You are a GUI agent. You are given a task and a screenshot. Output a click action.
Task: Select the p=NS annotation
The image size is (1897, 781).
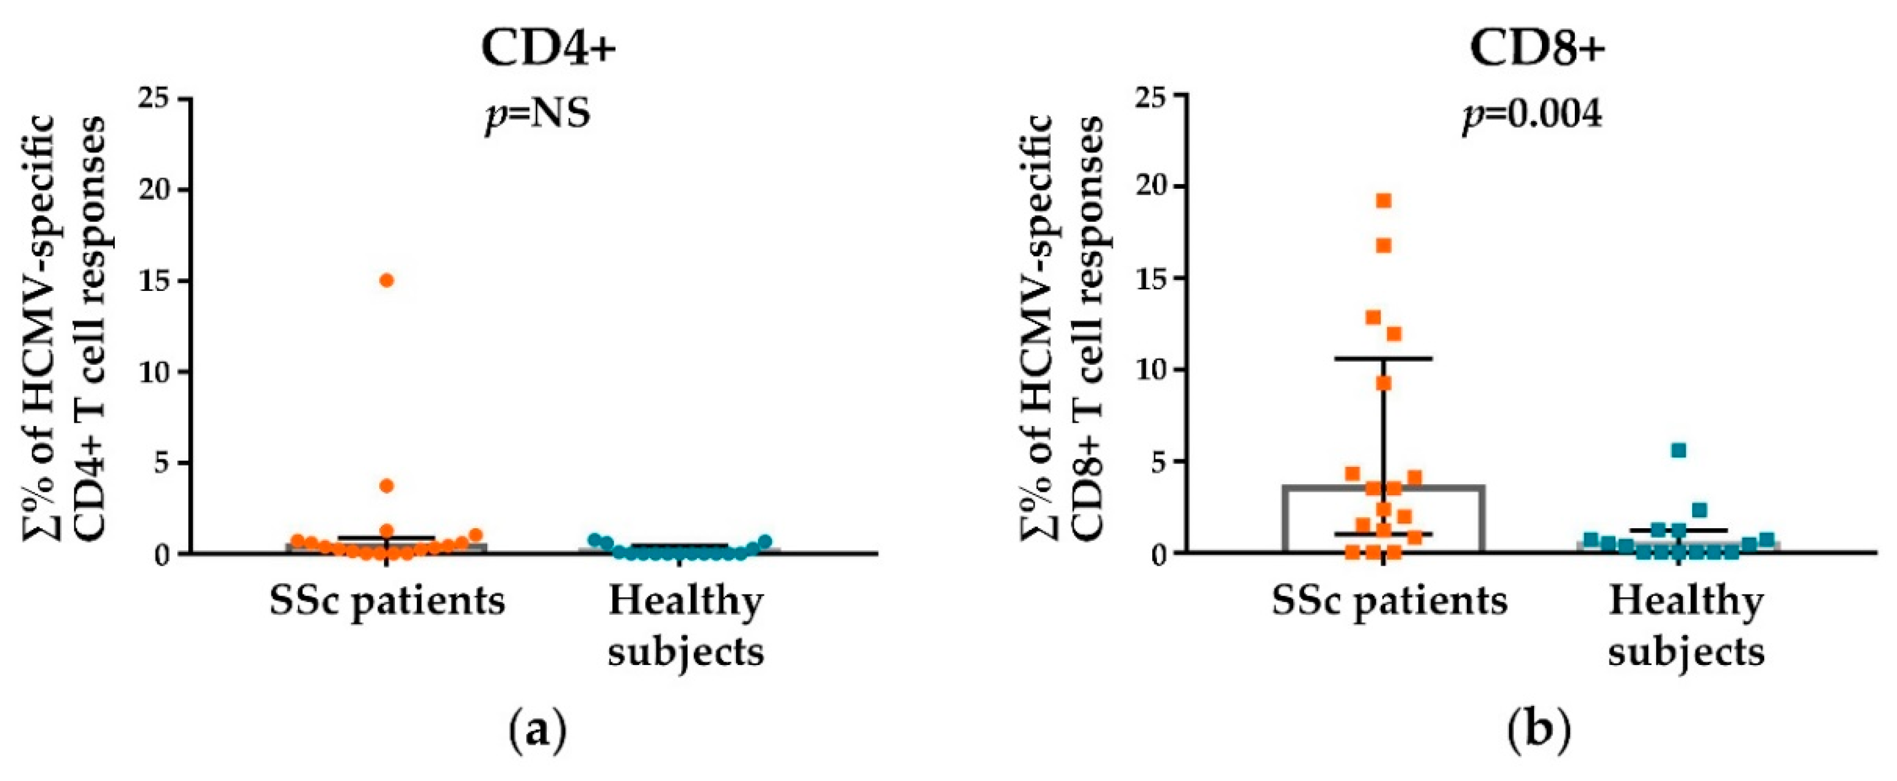tap(538, 115)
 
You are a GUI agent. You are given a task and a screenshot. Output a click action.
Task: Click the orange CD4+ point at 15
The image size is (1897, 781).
tap(387, 281)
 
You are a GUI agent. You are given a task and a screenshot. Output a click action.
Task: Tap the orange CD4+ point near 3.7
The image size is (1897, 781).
tap(387, 486)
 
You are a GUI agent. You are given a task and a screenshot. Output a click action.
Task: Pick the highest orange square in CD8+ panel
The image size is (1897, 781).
tap(1384, 201)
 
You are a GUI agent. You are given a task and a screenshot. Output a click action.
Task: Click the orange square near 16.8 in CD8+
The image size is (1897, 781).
tap(1384, 245)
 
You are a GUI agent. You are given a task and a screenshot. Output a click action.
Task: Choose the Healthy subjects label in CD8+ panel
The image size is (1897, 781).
tap(1686, 626)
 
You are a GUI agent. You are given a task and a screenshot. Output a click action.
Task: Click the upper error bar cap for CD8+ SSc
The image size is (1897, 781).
tap(1384, 358)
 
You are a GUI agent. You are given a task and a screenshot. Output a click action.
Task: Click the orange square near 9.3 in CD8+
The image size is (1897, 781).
tap(1384, 383)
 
